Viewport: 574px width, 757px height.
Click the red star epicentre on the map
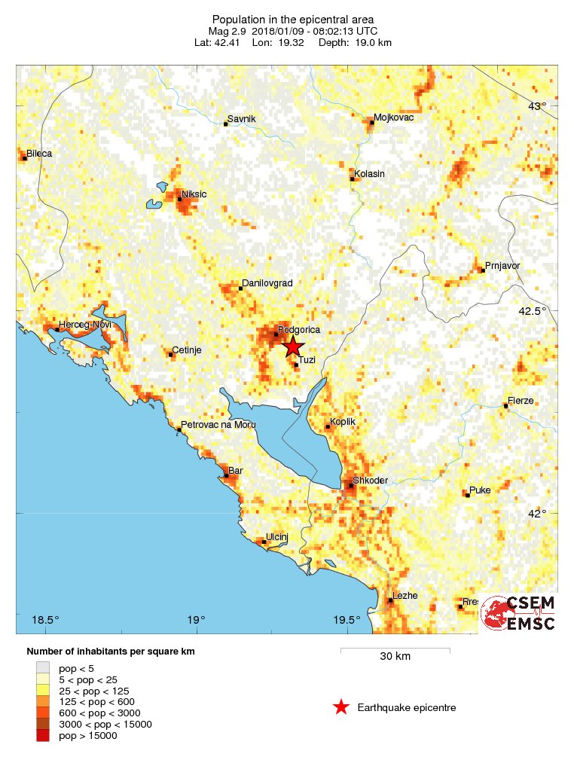[293, 346]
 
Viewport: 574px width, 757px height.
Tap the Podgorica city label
[299, 330]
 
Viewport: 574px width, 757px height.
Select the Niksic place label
[194, 194]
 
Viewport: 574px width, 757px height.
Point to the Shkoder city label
[370, 481]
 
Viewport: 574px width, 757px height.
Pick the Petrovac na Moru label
[219, 425]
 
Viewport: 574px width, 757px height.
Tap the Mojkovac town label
[394, 118]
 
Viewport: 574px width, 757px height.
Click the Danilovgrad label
[267, 283]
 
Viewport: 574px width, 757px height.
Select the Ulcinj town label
[278, 536]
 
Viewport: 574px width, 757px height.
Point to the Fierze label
[521, 401]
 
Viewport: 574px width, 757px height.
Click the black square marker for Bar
[224, 476]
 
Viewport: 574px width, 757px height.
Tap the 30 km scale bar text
[395, 656]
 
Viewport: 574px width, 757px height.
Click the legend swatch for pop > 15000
[44, 736]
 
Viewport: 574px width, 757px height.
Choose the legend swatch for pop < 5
[44, 667]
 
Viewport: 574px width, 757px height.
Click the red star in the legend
[341, 707]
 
